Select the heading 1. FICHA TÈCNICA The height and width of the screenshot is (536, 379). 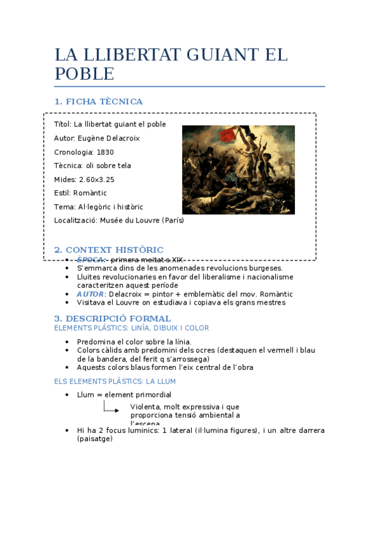tap(99, 102)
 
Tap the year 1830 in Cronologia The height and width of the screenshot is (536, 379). tap(105, 152)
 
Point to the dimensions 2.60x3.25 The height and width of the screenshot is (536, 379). tap(97, 180)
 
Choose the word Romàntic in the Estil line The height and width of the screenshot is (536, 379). tap(90, 193)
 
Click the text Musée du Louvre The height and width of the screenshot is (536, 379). tap(130, 220)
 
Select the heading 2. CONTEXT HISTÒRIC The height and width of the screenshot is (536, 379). tap(109, 250)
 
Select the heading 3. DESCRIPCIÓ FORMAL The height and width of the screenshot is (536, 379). tap(113, 318)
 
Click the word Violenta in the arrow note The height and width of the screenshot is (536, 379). tap(144, 407)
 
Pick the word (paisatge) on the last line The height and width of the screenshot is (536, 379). tap(95, 439)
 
